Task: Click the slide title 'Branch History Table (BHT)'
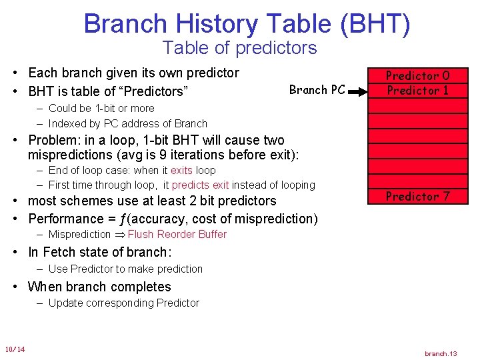(247, 24)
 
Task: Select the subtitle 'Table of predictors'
(239, 48)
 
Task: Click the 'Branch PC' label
(317, 90)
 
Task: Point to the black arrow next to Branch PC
(358, 90)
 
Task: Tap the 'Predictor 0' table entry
(418, 76)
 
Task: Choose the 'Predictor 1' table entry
(418, 91)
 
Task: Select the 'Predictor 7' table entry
(418, 197)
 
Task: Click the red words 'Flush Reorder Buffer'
(177, 235)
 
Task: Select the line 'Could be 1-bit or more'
(101, 108)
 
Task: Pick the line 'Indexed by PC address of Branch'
(127, 123)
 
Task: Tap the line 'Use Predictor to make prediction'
(125, 269)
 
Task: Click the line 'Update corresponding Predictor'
(123, 303)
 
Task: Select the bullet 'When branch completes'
(99, 287)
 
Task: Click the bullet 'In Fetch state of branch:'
(99, 252)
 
